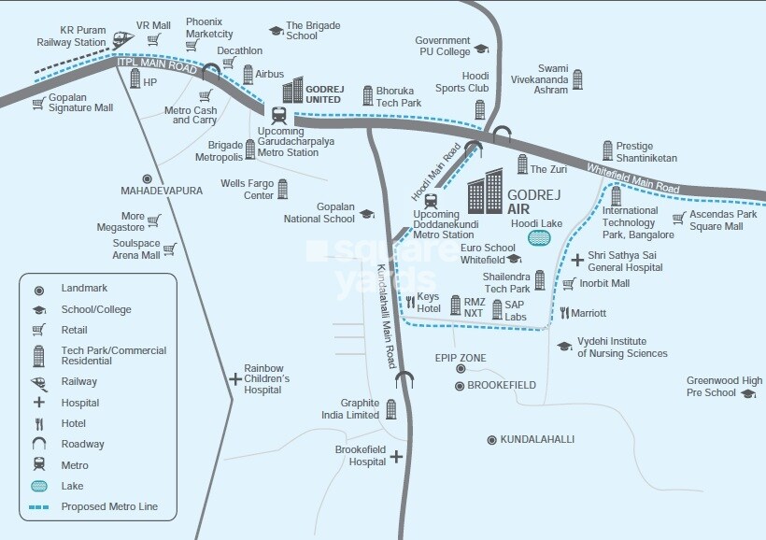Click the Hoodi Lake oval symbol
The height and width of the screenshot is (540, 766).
click(x=539, y=237)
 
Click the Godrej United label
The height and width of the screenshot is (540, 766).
click(x=323, y=93)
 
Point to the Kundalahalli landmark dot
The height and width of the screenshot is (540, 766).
click(x=491, y=439)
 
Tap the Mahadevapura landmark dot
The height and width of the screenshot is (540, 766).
click(x=147, y=178)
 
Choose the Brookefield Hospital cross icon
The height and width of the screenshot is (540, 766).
click(x=397, y=457)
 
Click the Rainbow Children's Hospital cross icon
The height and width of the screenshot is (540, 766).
click(x=234, y=378)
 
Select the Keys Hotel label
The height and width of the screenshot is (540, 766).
click(x=429, y=302)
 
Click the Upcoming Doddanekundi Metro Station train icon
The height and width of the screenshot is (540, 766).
click(x=431, y=199)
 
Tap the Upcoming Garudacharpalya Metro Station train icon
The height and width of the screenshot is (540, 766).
click(x=277, y=115)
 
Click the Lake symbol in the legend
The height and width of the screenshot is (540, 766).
click(x=38, y=486)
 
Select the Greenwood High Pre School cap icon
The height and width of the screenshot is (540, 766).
click(x=748, y=393)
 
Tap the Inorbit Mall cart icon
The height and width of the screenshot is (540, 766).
click(x=569, y=283)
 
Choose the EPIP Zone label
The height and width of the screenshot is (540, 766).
click(x=461, y=357)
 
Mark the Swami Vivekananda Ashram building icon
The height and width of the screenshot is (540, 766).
click(x=577, y=79)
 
